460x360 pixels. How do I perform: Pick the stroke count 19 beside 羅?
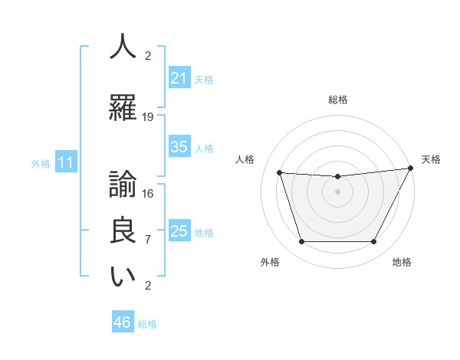point(148,116)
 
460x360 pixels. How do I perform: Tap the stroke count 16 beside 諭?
point(148,193)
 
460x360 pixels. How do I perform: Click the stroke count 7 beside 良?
point(148,239)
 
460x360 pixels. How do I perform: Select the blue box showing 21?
point(179,77)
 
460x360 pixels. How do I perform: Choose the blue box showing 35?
point(179,147)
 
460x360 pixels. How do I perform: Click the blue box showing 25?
point(179,231)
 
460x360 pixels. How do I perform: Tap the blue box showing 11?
point(66,162)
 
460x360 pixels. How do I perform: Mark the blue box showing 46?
point(123,322)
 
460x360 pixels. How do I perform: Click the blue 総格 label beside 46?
point(147,324)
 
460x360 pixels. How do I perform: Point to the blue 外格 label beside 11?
point(40,164)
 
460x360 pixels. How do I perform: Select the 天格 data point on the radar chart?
point(412,169)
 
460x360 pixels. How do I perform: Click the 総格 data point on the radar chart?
point(337,177)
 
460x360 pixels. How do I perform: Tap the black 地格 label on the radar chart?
point(402,262)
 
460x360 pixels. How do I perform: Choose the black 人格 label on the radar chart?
point(245,159)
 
